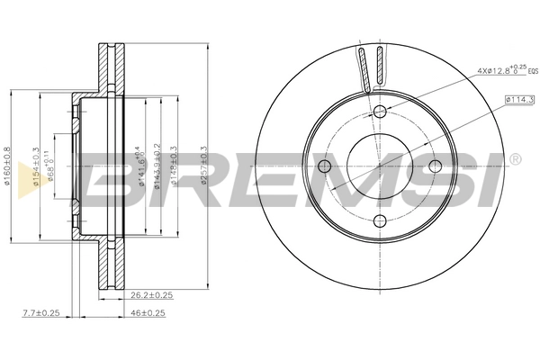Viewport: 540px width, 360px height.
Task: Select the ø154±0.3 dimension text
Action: (x=36, y=166)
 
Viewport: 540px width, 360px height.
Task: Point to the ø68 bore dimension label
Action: (x=52, y=167)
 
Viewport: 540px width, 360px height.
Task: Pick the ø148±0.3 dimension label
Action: (x=173, y=166)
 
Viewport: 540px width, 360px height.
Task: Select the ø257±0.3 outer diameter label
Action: (x=205, y=166)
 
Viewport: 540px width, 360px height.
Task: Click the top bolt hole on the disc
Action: (x=380, y=111)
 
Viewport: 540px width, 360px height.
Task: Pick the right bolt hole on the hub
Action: (x=435, y=166)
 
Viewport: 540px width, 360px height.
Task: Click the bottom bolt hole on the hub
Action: (x=380, y=220)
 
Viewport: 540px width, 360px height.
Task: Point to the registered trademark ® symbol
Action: (x=515, y=160)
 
